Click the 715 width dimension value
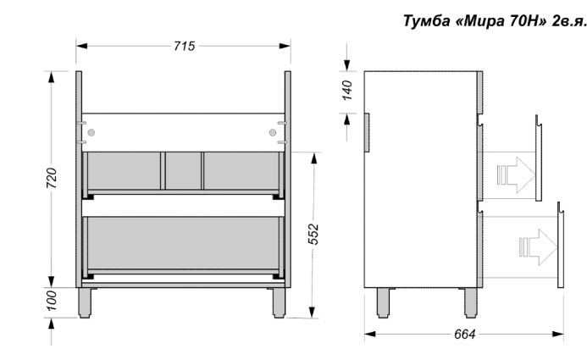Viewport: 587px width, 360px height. coord(183,46)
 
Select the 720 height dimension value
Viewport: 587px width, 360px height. coord(52,178)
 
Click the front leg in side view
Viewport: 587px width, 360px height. coord(468,303)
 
